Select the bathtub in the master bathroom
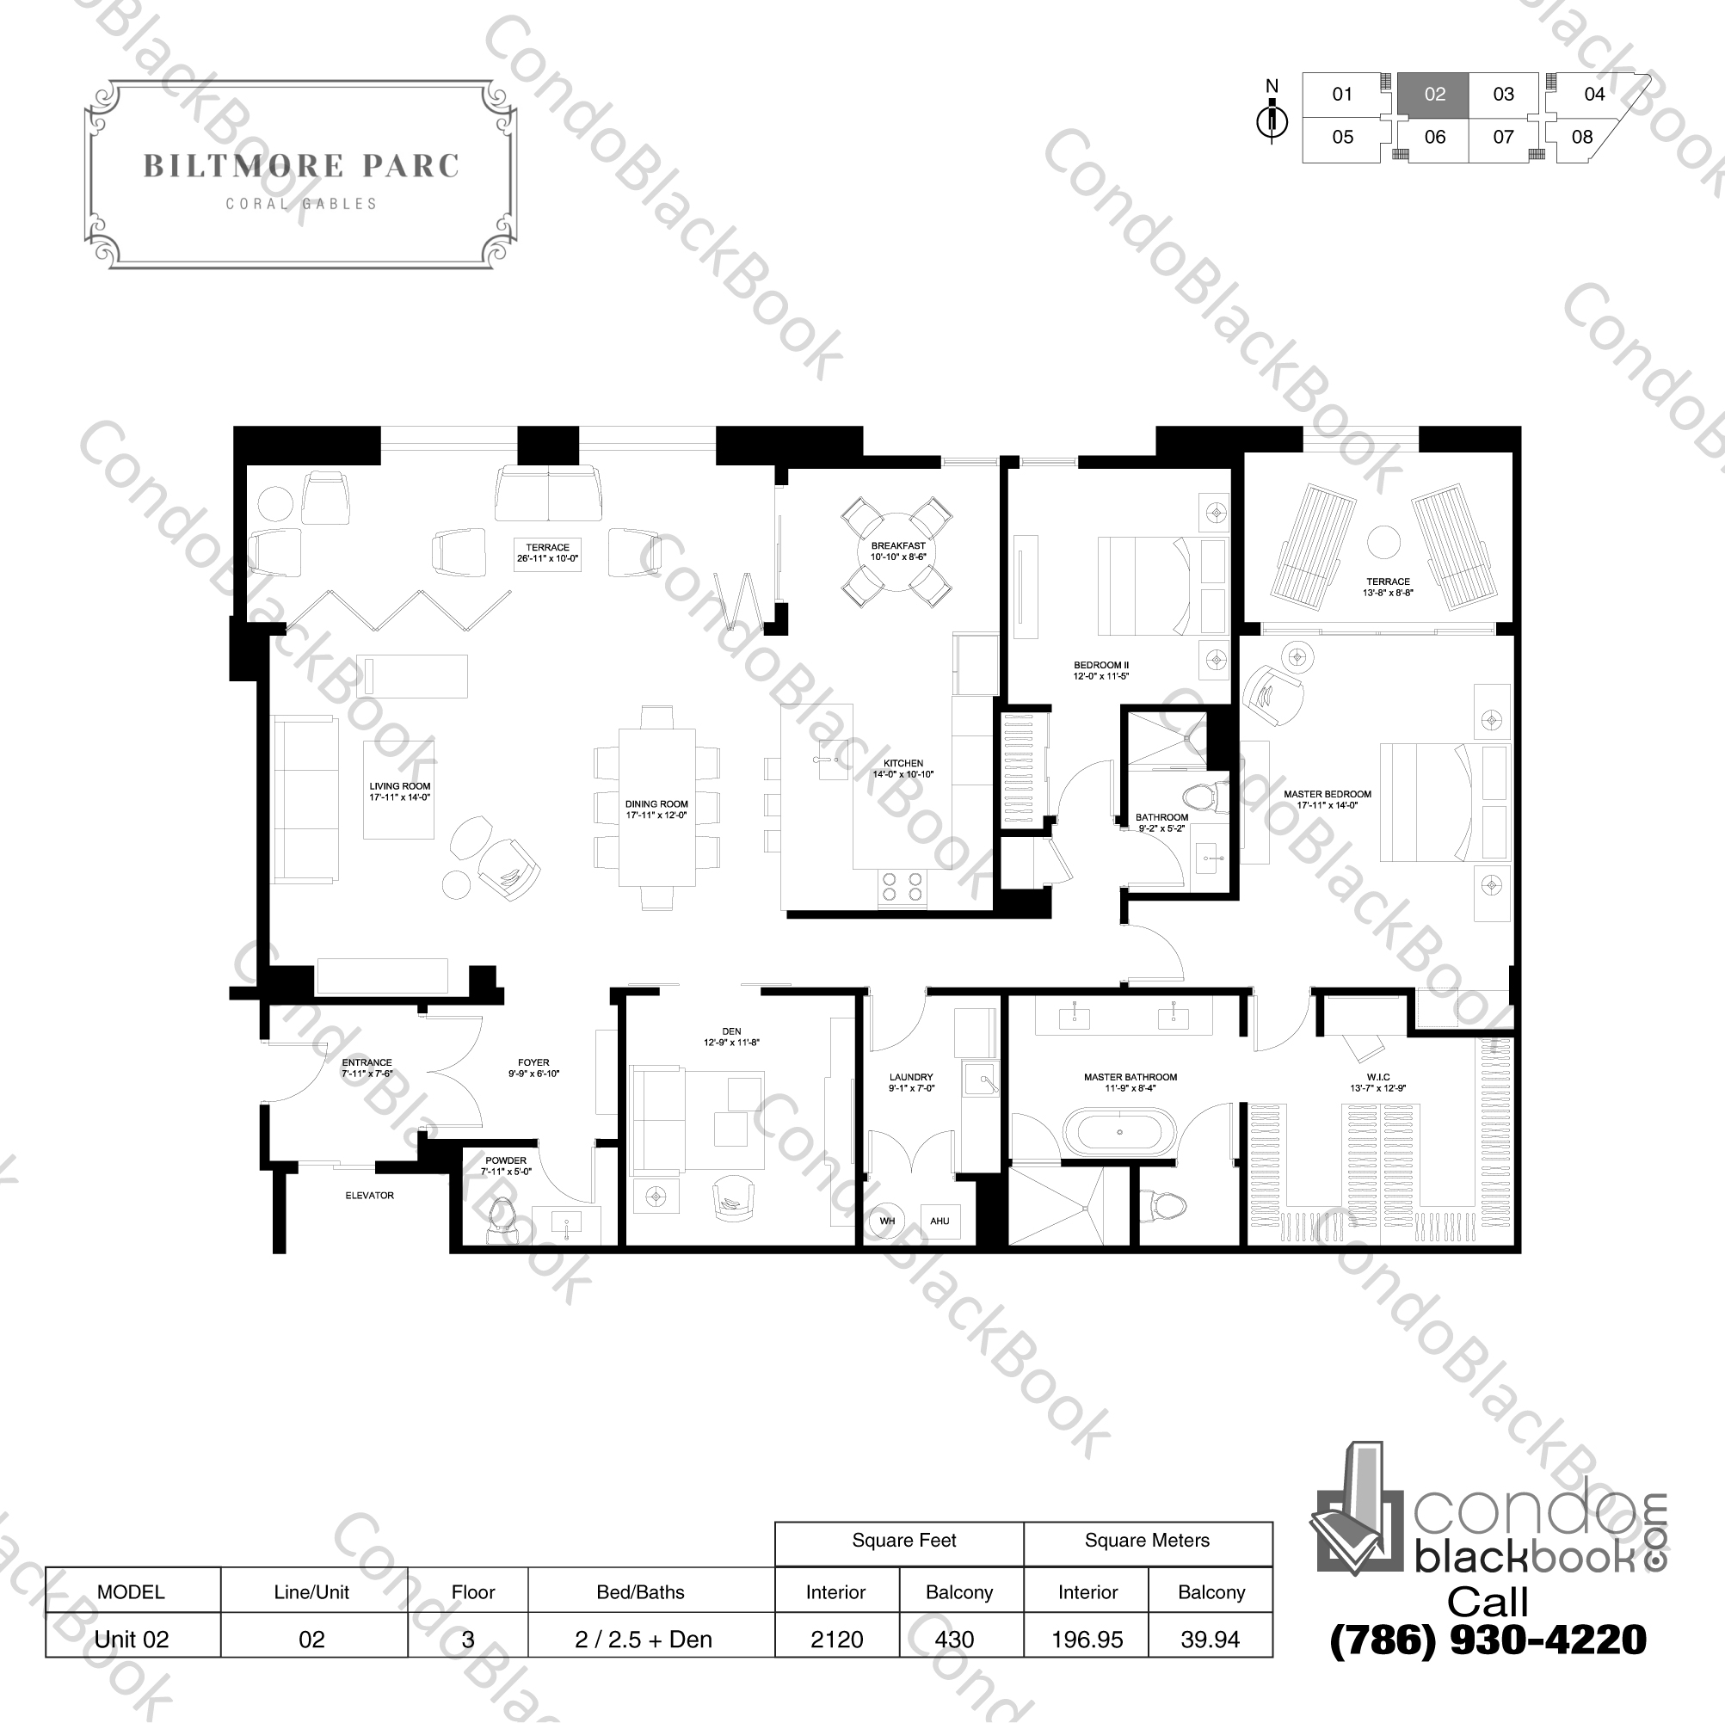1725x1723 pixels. point(1121,1132)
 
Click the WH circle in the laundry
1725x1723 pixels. point(887,1221)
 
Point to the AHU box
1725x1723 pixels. point(940,1221)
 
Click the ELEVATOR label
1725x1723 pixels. point(369,1195)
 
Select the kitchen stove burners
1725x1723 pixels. point(901,886)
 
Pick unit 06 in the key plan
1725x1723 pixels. point(1434,137)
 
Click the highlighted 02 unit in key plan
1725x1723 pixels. point(1434,94)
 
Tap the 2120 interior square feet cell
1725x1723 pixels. point(835,1639)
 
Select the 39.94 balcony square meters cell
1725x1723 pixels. point(1210,1639)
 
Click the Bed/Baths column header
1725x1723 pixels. point(640,1591)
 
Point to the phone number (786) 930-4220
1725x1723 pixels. point(1488,1640)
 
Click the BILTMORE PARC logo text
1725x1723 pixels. point(301,166)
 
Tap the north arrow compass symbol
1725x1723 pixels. point(1272,120)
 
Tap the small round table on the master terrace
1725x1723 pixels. point(1383,542)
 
